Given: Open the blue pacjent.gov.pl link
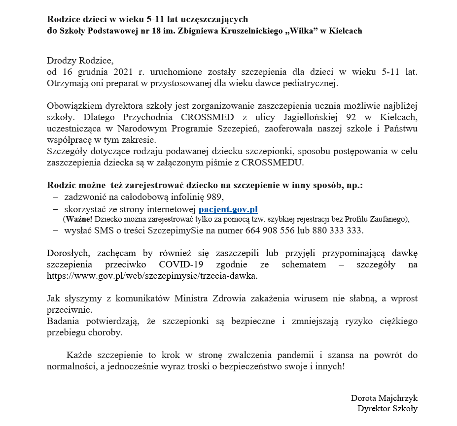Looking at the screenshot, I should click(x=228, y=209).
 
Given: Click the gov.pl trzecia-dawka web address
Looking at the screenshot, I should click(x=152, y=276).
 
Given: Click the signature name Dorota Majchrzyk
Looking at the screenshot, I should click(x=384, y=398).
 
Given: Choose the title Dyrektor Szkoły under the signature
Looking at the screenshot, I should click(x=387, y=408).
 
